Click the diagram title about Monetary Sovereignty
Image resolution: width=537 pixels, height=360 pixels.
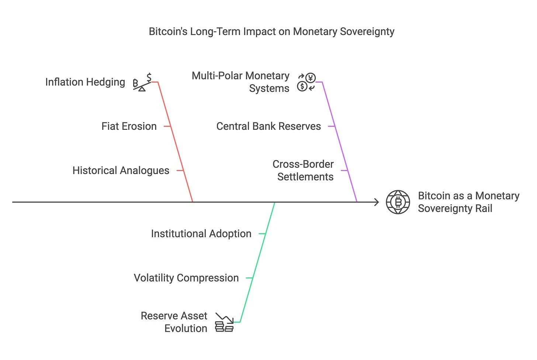click(271, 32)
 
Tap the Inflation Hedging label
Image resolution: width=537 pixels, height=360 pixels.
click(85, 82)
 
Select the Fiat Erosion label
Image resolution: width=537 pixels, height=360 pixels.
click(129, 126)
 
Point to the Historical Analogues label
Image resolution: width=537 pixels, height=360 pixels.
click(121, 170)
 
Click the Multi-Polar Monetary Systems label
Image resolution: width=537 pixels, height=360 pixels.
click(240, 82)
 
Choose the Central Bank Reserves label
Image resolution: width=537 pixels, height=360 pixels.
click(268, 126)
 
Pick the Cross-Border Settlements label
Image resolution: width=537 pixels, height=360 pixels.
click(303, 170)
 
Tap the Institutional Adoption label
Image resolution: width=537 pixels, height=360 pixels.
click(201, 233)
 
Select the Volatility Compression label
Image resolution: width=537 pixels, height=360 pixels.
click(186, 278)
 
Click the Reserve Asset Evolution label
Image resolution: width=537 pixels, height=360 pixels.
click(174, 322)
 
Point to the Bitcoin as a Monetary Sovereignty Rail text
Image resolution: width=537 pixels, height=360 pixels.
click(468, 202)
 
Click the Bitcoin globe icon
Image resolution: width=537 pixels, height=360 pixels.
click(398, 202)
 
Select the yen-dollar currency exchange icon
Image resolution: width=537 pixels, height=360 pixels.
click(306, 82)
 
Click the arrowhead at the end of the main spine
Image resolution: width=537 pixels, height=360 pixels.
click(377, 202)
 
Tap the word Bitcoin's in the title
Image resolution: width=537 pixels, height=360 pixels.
click(168, 32)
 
